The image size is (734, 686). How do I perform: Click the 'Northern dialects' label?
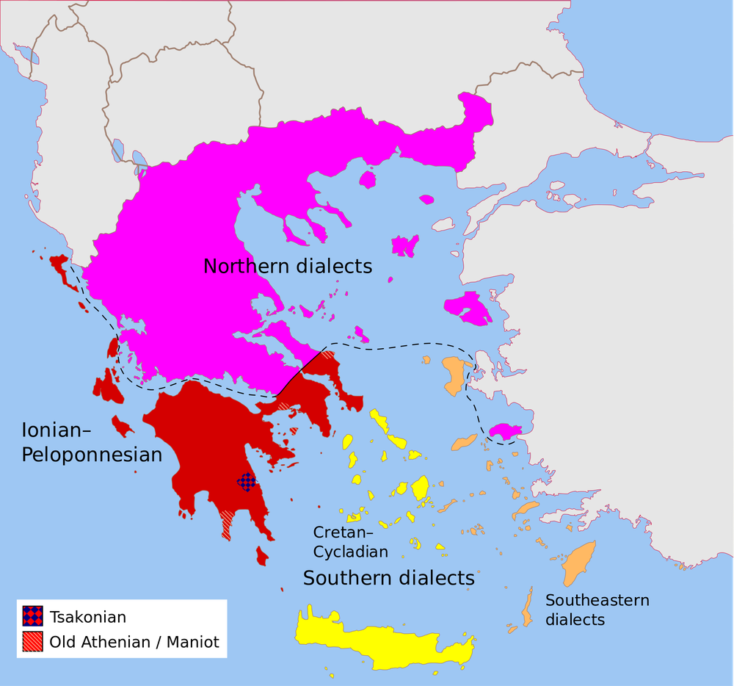(288, 266)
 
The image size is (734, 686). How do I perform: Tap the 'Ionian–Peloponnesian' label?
(92, 442)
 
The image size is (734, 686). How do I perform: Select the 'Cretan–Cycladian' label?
(350, 541)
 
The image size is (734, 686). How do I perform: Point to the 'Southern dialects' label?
(389, 578)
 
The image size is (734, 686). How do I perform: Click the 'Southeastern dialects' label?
(597, 610)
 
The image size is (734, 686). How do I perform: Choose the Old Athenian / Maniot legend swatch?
(32, 642)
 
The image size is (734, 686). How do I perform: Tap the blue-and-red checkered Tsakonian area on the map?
(247, 482)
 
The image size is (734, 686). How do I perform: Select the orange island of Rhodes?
(580, 562)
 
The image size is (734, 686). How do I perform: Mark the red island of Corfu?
(60, 266)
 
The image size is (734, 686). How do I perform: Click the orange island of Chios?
(455, 373)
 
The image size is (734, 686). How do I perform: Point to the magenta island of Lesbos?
(468, 306)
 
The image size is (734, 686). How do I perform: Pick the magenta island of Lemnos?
(404, 245)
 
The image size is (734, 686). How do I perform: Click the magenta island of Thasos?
(368, 179)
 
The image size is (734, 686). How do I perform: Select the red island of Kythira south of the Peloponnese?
(262, 555)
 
